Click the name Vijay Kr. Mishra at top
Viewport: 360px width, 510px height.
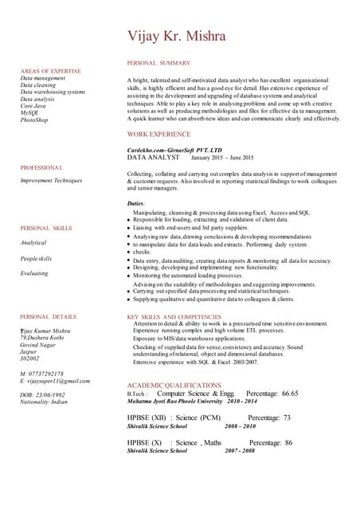(x=177, y=36)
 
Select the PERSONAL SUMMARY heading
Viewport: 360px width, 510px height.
(x=158, y=62)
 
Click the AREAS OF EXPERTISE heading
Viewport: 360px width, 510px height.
(x=51, y=72)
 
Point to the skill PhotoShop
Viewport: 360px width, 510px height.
(x=34, y=120)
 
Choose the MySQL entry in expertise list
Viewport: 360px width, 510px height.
(x=30, y=112)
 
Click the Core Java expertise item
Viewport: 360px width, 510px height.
(x=33, y=106)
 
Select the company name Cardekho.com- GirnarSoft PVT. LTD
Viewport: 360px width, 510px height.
(x=174, y=150)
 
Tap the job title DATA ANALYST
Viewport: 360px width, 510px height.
(x=154, y=158)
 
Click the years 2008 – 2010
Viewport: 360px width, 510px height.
(x=240, y=426)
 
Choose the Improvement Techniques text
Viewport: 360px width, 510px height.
(x=51, y=181)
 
